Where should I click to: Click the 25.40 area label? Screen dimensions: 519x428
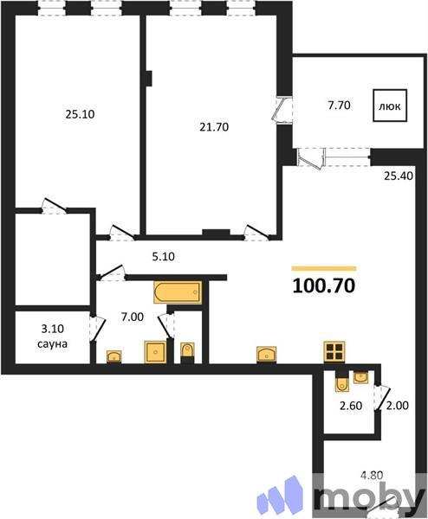[400, 176]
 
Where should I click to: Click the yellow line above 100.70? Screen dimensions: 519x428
[324, 267]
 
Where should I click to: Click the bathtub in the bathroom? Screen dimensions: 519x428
[177, 293]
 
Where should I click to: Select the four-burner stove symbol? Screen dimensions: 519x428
[334, 351]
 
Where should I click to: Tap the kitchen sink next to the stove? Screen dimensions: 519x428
[267, 353]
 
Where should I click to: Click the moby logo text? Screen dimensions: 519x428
[368, 497]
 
